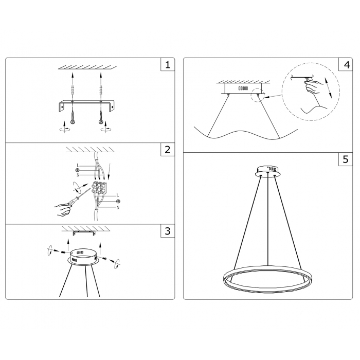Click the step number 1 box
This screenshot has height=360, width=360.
point(168,64)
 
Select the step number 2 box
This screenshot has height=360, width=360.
point(168,150)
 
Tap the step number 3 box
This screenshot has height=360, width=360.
point(168,231)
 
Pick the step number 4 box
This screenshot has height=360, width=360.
point(346,64)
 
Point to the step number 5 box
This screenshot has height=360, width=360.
point(346,159)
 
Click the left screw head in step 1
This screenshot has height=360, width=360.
point(73,122)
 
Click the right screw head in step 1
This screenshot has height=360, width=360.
point(101,122)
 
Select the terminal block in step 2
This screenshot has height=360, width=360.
point(99,188)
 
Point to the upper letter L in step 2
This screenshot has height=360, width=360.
point(78,166)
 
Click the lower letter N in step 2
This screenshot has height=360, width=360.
point(118,208)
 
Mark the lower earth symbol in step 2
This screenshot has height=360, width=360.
point(118,202)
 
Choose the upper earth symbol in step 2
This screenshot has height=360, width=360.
point(78,170)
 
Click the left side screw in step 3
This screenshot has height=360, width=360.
point(63,252)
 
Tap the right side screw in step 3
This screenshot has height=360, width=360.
point(105,259)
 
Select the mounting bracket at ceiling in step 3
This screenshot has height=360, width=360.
point(83,233)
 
